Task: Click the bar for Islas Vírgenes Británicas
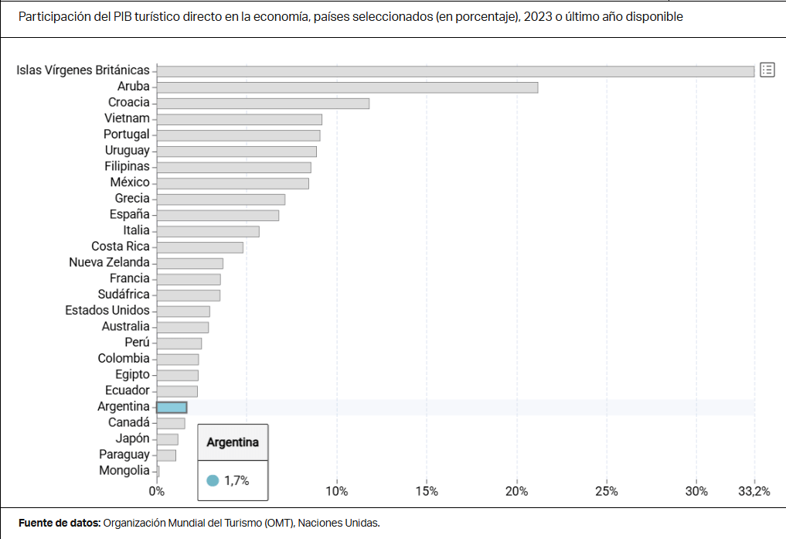[455, 71]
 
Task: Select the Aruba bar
[347, 87]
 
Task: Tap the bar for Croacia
[263, 104]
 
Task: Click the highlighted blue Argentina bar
[172, 408]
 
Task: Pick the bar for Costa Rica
[199, 247]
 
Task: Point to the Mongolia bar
[158, 471]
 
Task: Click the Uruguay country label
[127, 151]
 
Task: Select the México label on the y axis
[130, 183]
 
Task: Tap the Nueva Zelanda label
[109, 262]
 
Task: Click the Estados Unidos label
[107, 310]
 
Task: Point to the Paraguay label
[124, 455]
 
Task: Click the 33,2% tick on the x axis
[754, 491]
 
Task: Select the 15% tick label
[427, 491]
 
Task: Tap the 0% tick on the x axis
[157, 491]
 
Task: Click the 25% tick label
[607, 491]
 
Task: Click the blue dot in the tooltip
[213, 480]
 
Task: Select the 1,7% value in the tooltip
[236, 480]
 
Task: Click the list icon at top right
[767, 70]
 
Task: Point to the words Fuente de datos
[60, 523]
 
